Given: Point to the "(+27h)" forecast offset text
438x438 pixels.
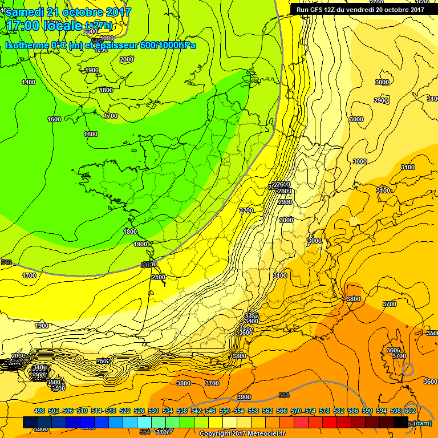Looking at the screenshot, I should (99, 26).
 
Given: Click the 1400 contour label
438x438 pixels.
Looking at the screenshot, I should (29, 82).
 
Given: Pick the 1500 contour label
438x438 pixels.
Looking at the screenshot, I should (54, 119).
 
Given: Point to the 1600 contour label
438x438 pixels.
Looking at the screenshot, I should (91, 134).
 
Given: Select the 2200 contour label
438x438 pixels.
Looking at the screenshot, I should (246, 210).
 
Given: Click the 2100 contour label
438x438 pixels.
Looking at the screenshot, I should (159, 277).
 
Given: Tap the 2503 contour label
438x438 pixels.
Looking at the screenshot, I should (103, 360).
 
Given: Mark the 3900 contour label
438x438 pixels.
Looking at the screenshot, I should (244, 397).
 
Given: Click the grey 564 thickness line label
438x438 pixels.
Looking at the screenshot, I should (284, 395).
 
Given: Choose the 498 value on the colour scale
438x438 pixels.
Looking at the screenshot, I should (39, 411).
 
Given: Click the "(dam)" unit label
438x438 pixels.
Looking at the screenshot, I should (423, 423).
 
